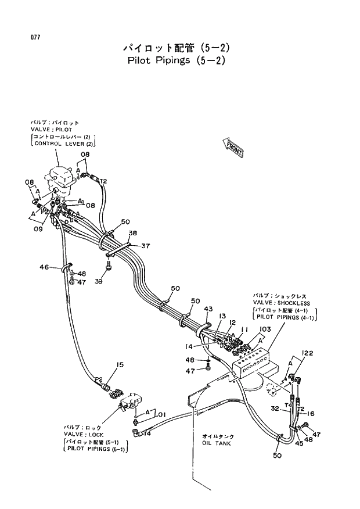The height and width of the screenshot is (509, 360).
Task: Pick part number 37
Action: (145, 245)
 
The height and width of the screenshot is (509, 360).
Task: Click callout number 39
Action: (98, 281)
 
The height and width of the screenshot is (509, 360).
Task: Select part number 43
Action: (208, 309)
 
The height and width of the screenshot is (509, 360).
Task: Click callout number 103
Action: (265, 329)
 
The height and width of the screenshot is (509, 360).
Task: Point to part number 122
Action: (307, 353)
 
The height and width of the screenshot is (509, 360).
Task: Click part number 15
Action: (120, 364)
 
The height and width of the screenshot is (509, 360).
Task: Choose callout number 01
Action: (162, 414)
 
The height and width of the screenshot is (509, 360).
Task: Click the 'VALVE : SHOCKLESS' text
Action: (281, 303)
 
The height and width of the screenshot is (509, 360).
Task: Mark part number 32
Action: (275, 407)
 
